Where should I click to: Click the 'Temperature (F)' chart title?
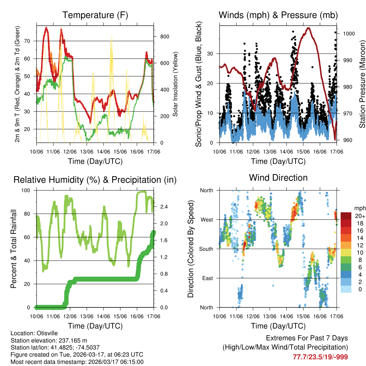tap(95, 15)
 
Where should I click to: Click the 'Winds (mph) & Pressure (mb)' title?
tap(278, 15)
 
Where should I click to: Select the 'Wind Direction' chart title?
tap(278, 178)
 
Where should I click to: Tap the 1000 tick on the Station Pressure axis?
tap(348, 34)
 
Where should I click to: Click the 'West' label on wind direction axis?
tap(207, 219)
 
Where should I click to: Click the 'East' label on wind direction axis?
tap(208, 278)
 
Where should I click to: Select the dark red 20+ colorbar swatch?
tap(346, 216)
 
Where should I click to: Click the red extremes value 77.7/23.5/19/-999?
tap(320, 357)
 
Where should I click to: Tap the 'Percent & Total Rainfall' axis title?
tap(13, 249)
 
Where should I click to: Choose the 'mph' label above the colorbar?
tap(359, 208)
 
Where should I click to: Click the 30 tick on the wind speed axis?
tap(210, 54)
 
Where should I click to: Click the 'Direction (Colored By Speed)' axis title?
tap(191, 249)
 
